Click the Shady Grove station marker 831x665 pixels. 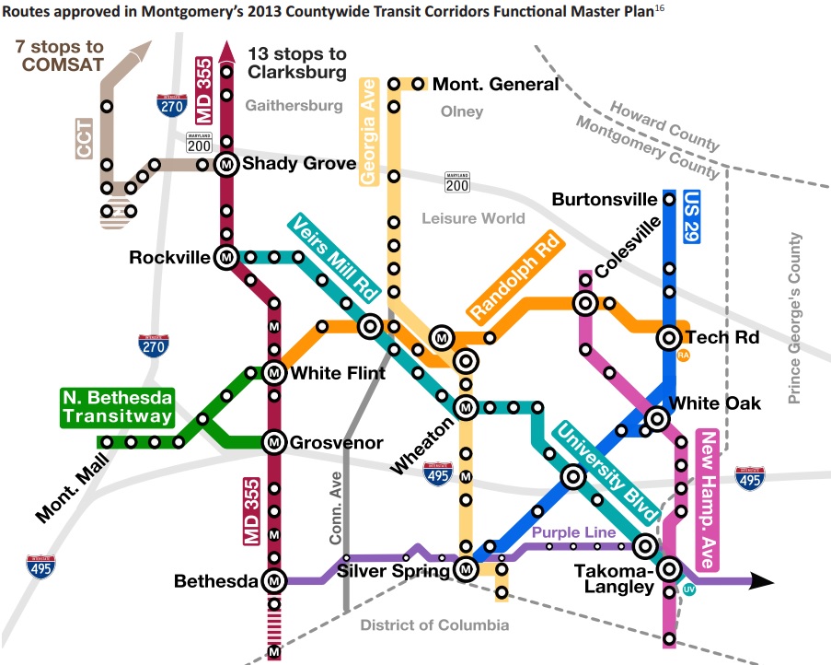click(226, 165)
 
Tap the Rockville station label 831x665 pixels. click(169, 258)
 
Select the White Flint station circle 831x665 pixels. click(273, 373)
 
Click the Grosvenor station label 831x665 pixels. click(337, 443)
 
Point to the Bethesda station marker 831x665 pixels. click(273, 581)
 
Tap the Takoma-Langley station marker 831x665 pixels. click(668, 568)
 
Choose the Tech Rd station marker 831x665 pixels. click(669, 338)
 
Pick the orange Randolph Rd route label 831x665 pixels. click(514, 273)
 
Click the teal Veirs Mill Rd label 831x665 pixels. click(335, 259)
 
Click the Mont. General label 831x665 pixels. click(495, 84)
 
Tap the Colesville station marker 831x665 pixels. click(583, 302)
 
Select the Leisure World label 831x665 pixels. click(473, 218)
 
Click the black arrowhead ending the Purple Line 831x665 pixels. click(762, 581)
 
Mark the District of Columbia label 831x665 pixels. click(434, 625)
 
